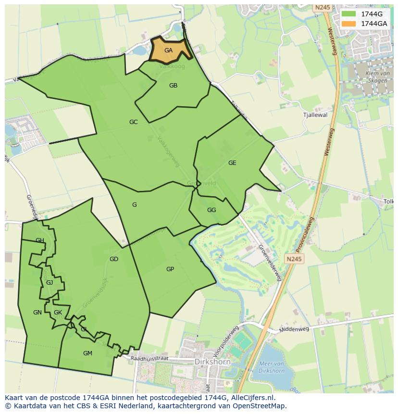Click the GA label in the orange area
[168, 50]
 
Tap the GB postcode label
[174, 86]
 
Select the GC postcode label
[134, 122]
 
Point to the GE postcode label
[232, 163]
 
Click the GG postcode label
[211, 210]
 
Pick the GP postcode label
[170, 269]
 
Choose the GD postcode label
[114, 259]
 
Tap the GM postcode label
[87, 353]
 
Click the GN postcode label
[37, 313]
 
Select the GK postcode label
[58, 313]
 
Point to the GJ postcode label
[50, 283]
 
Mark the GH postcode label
[40, 240]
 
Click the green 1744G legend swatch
[348, 14]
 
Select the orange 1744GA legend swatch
[348, 24]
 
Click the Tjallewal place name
[315, 115]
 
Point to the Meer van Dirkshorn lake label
[272, 367]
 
